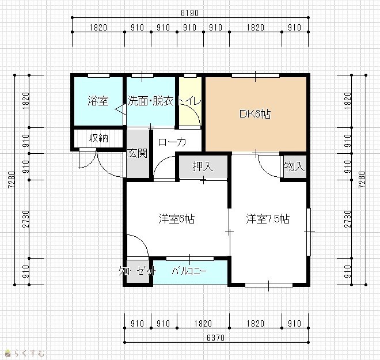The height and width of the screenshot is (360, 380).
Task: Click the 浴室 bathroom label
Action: pyautogui.click(x=98, y=101)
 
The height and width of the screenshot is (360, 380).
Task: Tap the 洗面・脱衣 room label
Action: pyautogui.click(x=150, y=101)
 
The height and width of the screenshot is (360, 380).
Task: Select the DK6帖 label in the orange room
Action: pyautogui.click(x=255, y=113)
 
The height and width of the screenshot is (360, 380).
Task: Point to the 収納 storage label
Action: pyautogui.click(x=98, y=138)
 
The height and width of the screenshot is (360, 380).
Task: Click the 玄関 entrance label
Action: pyautogui.click(x=137, y=153)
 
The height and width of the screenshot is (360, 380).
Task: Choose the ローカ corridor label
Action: pyautogui.click(x=172, y=142)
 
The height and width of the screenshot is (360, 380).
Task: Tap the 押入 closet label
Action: pyautogui.click(x=203, y=166)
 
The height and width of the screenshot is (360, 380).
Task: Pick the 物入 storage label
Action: pyautogui.click(x=294, y=166)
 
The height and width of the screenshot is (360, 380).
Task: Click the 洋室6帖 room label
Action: pyautogui.click(x=176, y=219)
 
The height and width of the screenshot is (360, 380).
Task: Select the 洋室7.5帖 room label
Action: pyautogui.click(x=268, y=219)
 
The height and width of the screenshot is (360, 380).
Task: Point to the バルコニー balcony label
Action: pyautogui.click(x=189, y=271)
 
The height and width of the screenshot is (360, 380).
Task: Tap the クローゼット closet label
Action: pyautogui.click(x=138, y=271)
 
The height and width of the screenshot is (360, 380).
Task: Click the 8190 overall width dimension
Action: pyautogui.click(x=190, y=13)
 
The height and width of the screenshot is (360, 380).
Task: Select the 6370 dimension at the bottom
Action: pyautogui.click(x=216, y=338)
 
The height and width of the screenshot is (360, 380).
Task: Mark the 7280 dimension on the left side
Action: pyautogui.click(x=12, y=180)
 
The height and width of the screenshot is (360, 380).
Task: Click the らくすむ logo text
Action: pyautogui.click(x=29, y=353)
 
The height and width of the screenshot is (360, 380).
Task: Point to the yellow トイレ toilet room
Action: pyautogui.click(x=190, y=101)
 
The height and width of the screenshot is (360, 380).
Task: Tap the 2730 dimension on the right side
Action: pyautogui.click(x=348, y=219)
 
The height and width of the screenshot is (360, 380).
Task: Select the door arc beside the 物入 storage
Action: pyautogui.click(x=266, y=169)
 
